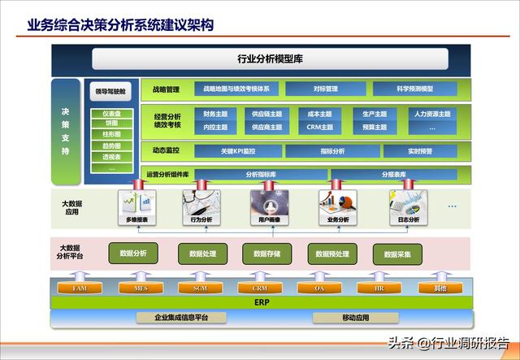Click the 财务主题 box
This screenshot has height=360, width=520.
coord(215,115)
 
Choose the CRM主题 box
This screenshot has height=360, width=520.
coord(319,127)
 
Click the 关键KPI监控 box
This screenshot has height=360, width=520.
coord(238,151)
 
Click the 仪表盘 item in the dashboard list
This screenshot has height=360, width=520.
coord(112,113)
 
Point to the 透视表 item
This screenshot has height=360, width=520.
coord(112,157)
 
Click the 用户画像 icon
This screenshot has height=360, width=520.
coord(269,207)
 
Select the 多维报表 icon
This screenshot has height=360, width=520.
coord(136,207)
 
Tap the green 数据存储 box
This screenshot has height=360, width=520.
coord(266,254)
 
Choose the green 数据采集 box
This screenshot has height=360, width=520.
coord(398,254)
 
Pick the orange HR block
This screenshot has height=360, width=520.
coord(379,288)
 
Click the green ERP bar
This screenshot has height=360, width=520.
coord(261,302)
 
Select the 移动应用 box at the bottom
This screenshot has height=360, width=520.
coord(356,318)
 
